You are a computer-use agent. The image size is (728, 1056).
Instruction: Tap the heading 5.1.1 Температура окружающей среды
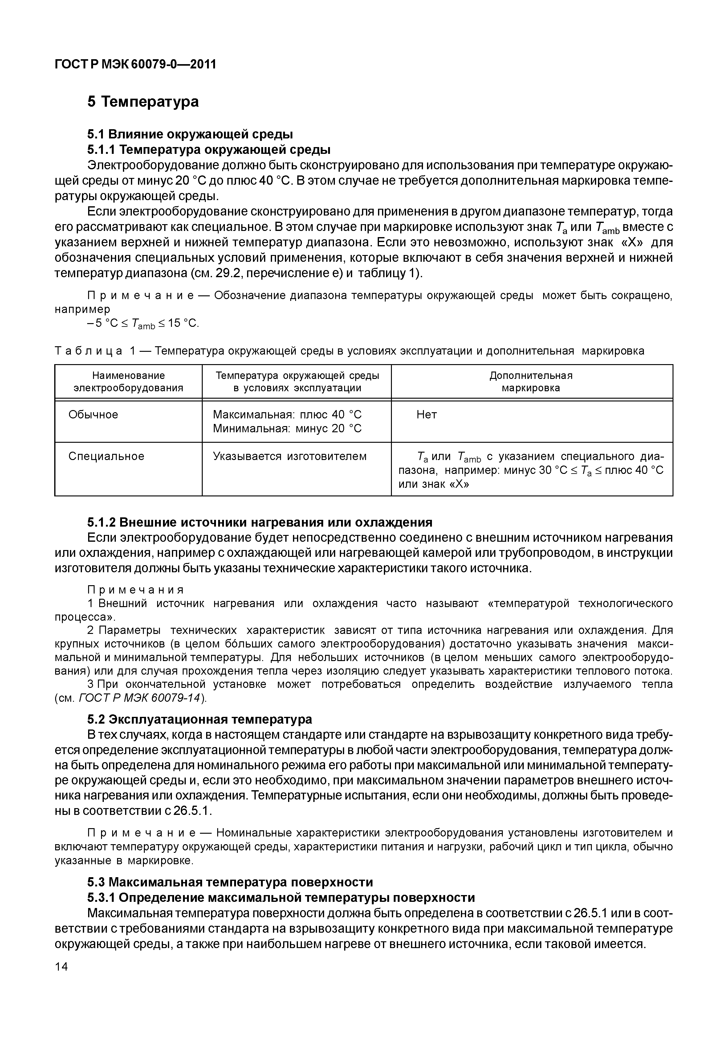[x=209, y=150]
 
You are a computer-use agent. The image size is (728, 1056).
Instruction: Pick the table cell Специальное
[x=106, y=456]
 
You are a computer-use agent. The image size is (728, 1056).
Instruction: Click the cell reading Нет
[x=426, y=414]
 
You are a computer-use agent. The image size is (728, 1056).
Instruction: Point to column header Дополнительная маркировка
[x=531, y=382]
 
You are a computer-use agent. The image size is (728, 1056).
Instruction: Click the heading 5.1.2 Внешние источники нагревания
[x=259, y=522]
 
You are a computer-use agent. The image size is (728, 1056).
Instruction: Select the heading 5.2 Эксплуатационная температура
[x=199, y=719]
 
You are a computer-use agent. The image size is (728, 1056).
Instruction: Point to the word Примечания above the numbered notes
[x=136, y=590]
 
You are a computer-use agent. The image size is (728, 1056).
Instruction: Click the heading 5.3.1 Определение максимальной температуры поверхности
[x=281, y=897]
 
